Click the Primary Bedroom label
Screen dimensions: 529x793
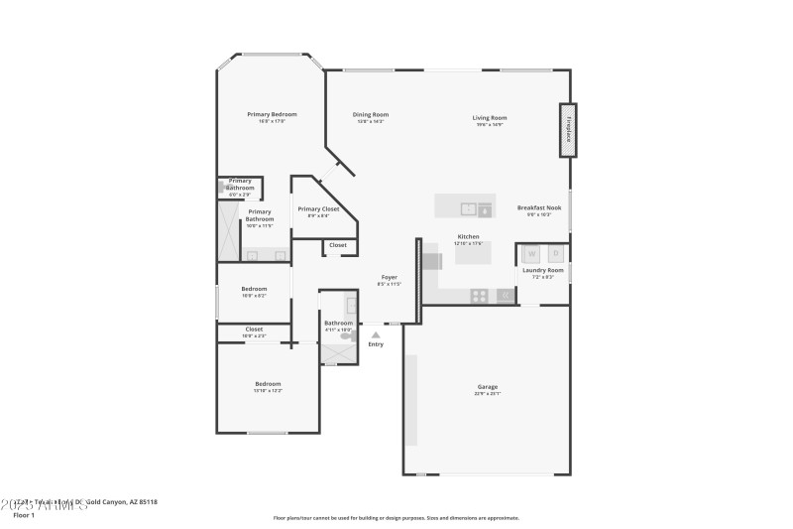tap(272, 114)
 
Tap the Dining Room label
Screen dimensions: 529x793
tap(371, 114)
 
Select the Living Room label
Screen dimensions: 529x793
tap(490, 118)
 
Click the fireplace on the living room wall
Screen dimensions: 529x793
tap(568, 130)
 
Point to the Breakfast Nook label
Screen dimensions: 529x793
tap(538, 207)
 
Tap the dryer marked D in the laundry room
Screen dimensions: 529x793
tap(555, 253)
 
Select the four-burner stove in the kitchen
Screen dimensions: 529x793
tap(479, 295)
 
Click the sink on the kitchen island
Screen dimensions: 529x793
tap(467, 208)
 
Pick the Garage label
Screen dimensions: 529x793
tap(488, 386)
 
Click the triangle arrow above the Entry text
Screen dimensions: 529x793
tap(376, 335)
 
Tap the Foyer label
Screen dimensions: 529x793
tap(390, 278)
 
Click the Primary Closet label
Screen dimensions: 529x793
tap(318, 209)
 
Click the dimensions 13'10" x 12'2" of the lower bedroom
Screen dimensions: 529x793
tap(268, 391)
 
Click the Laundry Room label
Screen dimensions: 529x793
tap(542, 270)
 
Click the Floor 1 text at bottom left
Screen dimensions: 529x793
tap(24, 515)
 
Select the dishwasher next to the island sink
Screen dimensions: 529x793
tap(485, 208)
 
